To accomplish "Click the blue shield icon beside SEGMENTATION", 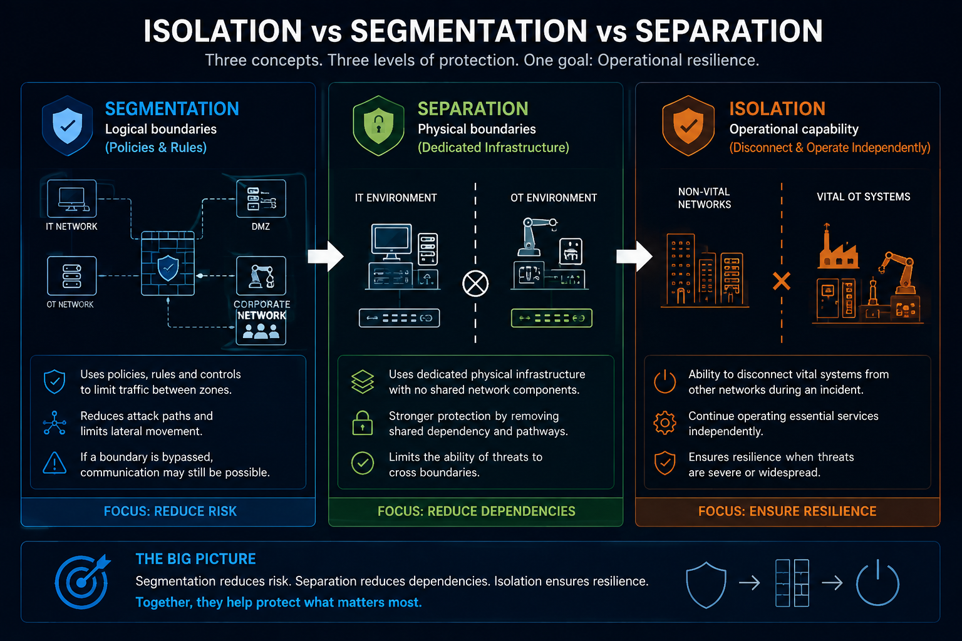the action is (x=68, y=125).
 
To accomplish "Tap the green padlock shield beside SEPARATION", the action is (x=378, y=125).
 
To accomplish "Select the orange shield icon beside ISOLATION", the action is (x=688, y=125).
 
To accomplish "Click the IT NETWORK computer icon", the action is (x=72, y=199).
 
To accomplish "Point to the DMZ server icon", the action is (x=261, y=199).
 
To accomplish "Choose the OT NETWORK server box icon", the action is (x=72, y=275).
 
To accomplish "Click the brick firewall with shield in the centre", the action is (x=168, y=263).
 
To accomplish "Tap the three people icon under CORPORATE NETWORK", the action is (x=261, y=331).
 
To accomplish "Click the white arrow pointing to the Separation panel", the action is (x=326, y=256).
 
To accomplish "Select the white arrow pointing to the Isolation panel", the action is (x=634, y=256).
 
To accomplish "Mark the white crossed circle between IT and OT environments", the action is (x=475, y=284).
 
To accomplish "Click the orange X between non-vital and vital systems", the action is (x=782, y=281).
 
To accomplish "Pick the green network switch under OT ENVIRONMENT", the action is (x=552, y=318).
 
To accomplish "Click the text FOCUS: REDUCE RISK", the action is (x=170, y=511).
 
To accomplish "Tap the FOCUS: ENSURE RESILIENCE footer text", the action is (x=787, y=511).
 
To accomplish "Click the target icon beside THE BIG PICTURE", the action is (x=81, y=582).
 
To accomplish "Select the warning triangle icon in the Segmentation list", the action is (x=54, y=463).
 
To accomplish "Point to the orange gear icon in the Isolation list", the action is (x=665, y=423).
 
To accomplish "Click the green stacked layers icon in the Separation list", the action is (x=363, y=382).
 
